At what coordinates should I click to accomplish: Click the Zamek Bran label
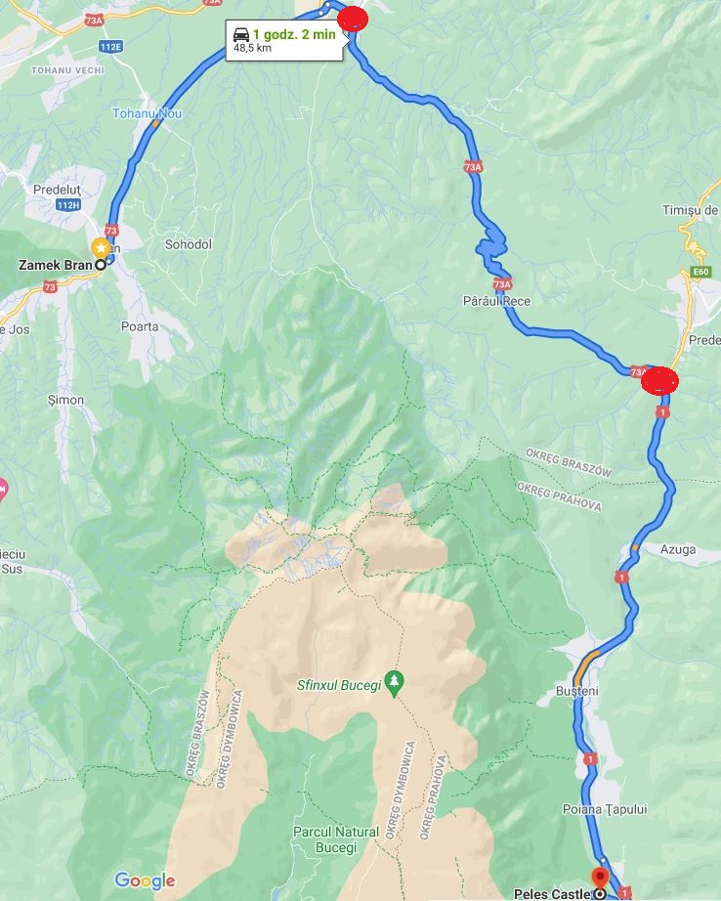point(56,265)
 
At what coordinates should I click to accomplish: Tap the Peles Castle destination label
point(552,893)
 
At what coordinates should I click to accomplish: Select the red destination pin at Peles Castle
point(600,878)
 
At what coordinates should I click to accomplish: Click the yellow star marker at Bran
point(100,247)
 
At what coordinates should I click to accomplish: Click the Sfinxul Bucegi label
point(338,684)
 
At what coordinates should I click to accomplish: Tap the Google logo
point(145,880)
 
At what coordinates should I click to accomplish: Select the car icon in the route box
point(239,34)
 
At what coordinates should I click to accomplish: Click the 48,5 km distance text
point(252,48)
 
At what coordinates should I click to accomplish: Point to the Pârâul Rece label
point(496,301)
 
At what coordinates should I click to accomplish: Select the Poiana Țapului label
point(604,809)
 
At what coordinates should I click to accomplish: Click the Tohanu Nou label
point(147,113)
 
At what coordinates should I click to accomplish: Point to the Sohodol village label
point(188,244)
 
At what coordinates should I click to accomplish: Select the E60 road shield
point(699,273)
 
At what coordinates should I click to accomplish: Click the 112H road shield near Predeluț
point(67,204)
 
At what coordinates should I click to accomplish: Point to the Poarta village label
point(140,326)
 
